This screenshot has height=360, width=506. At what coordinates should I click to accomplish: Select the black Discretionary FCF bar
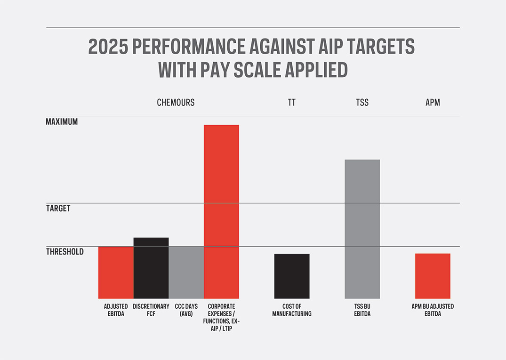point(151,268)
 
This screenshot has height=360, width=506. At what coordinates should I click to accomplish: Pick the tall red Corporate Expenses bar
point(221,211)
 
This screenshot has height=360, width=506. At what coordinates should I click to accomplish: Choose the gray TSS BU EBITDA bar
point(362,229)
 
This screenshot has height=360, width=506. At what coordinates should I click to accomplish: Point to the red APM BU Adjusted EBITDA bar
point(433,276)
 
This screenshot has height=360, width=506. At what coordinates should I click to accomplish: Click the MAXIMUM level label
point(62,121)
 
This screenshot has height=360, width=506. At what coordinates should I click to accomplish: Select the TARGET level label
point(58,208)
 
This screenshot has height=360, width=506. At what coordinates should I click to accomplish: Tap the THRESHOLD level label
point(65,252)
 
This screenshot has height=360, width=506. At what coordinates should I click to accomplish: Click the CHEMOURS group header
point(176,102)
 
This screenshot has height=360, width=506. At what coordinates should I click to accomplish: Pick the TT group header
point(292,102)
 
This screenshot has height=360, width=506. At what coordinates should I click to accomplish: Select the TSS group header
point(362,102)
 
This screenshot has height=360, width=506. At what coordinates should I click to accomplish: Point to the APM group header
point(433,102)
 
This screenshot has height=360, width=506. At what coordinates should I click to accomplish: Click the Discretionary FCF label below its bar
point(151,310)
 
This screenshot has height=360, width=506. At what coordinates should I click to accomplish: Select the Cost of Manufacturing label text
point(292,310)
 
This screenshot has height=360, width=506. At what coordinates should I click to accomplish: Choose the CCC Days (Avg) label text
point(186,310)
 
